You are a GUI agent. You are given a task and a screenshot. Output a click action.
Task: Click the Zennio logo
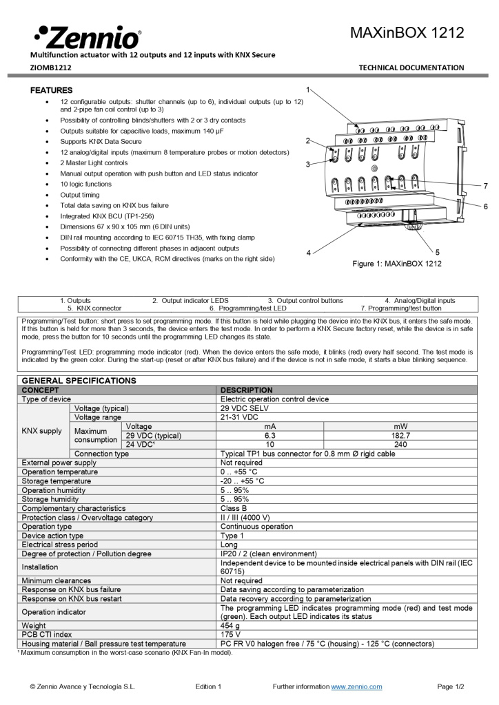tap(87, 36)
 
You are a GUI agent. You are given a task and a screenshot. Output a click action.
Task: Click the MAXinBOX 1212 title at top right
tap(407, 33)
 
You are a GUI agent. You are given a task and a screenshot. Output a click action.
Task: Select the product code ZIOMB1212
tap(50, 67)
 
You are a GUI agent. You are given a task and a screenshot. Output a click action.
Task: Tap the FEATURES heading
tap(51, 90)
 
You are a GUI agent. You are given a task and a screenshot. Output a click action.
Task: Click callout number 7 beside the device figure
tap(485, 186)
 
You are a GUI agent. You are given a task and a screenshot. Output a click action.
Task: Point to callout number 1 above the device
tap(308, 90)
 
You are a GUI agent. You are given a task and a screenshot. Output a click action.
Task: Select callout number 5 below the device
tap(437, 252)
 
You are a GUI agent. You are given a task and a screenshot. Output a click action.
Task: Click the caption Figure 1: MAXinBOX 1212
tap(397, 264)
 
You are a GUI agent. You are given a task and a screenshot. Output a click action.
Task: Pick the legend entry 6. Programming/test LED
tap(247, 308)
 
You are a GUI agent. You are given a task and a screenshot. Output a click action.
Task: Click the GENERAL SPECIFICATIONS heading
tap(79, 381)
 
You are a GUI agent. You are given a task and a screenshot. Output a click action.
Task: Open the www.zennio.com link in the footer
tap(356, 686)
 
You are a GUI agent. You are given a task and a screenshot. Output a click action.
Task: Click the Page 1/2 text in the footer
tap(451, 686)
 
